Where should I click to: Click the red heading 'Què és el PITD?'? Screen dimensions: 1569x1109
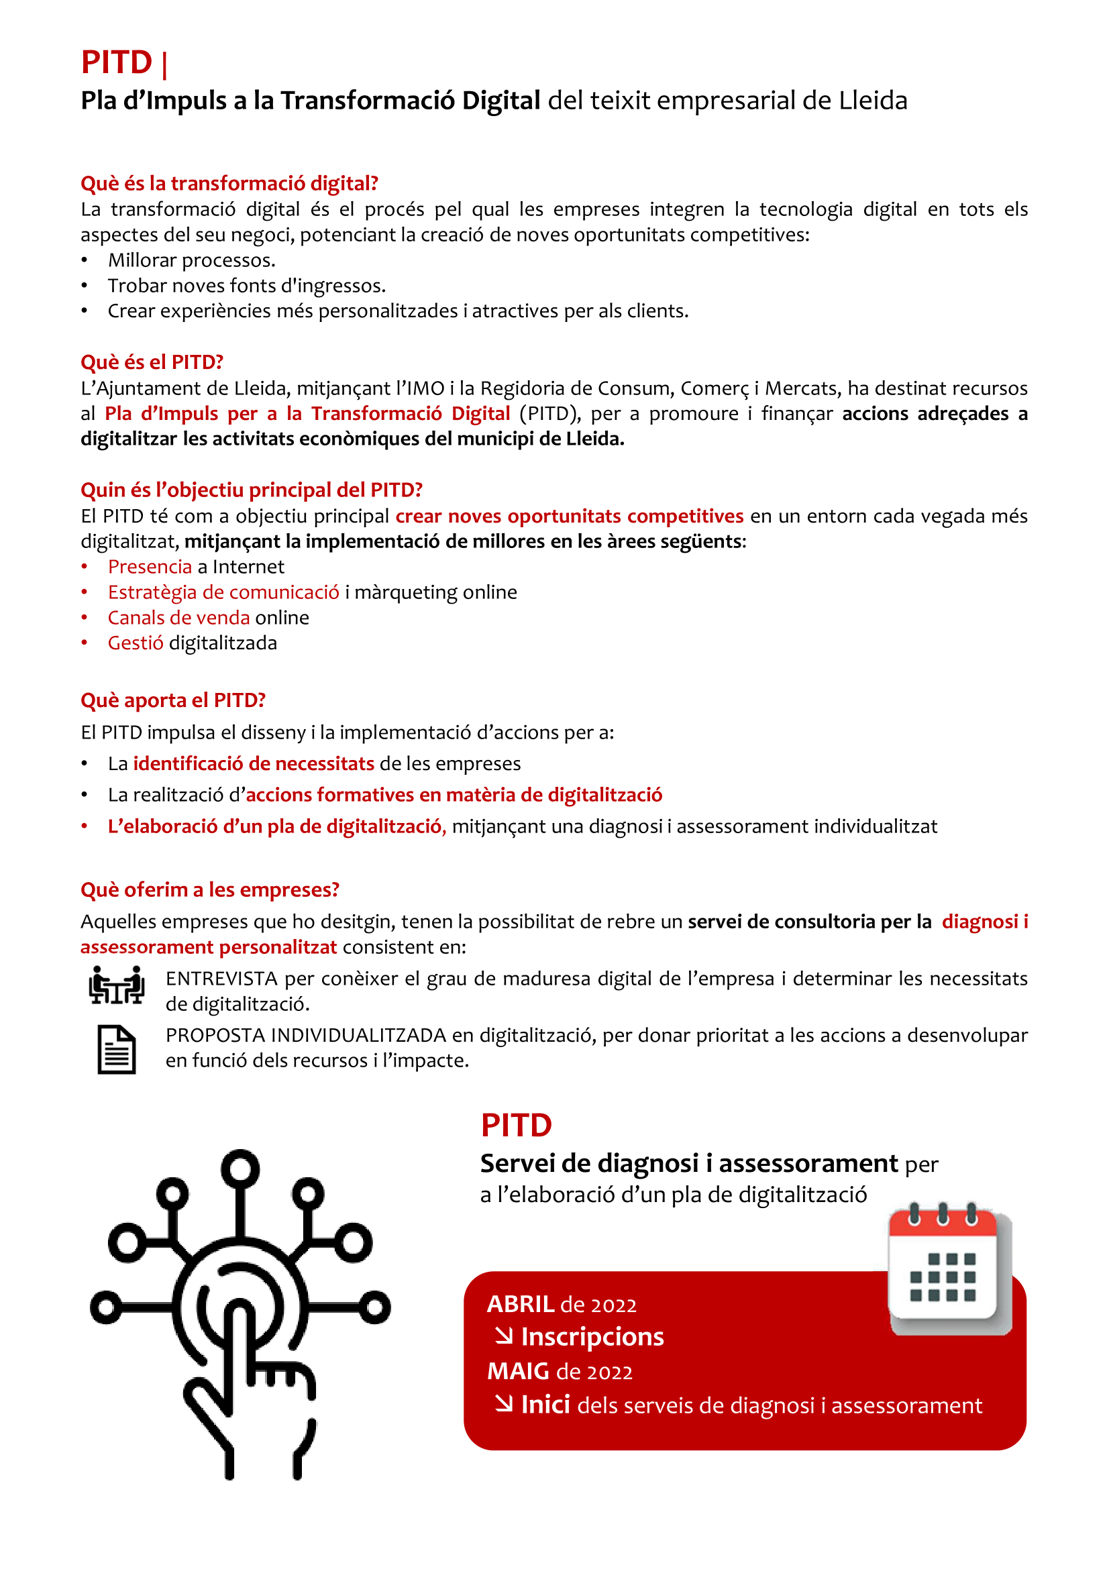152,362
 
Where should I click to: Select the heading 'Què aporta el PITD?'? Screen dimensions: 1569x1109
173,700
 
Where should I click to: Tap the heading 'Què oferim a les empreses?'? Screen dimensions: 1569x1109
210,889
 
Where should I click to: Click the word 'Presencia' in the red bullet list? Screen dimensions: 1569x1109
150,567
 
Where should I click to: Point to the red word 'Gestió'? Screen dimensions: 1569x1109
136,643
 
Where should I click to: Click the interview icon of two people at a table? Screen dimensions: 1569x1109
116,985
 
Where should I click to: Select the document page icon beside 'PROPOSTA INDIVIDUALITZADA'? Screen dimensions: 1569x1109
116,1049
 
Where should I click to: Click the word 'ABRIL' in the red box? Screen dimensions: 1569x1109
520,1304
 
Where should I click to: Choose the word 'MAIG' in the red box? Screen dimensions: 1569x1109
518,1371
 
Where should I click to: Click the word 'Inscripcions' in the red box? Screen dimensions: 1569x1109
592,1337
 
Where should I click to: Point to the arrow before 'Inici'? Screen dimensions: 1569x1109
504,1403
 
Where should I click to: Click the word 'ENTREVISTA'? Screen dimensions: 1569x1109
221,979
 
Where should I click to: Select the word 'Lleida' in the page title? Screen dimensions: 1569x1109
873,101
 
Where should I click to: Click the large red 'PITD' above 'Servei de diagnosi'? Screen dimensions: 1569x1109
516,1126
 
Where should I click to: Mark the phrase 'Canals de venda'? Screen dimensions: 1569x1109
178,617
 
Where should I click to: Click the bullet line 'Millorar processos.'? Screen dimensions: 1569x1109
191,260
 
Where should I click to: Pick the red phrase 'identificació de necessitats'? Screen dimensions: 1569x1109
254,763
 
